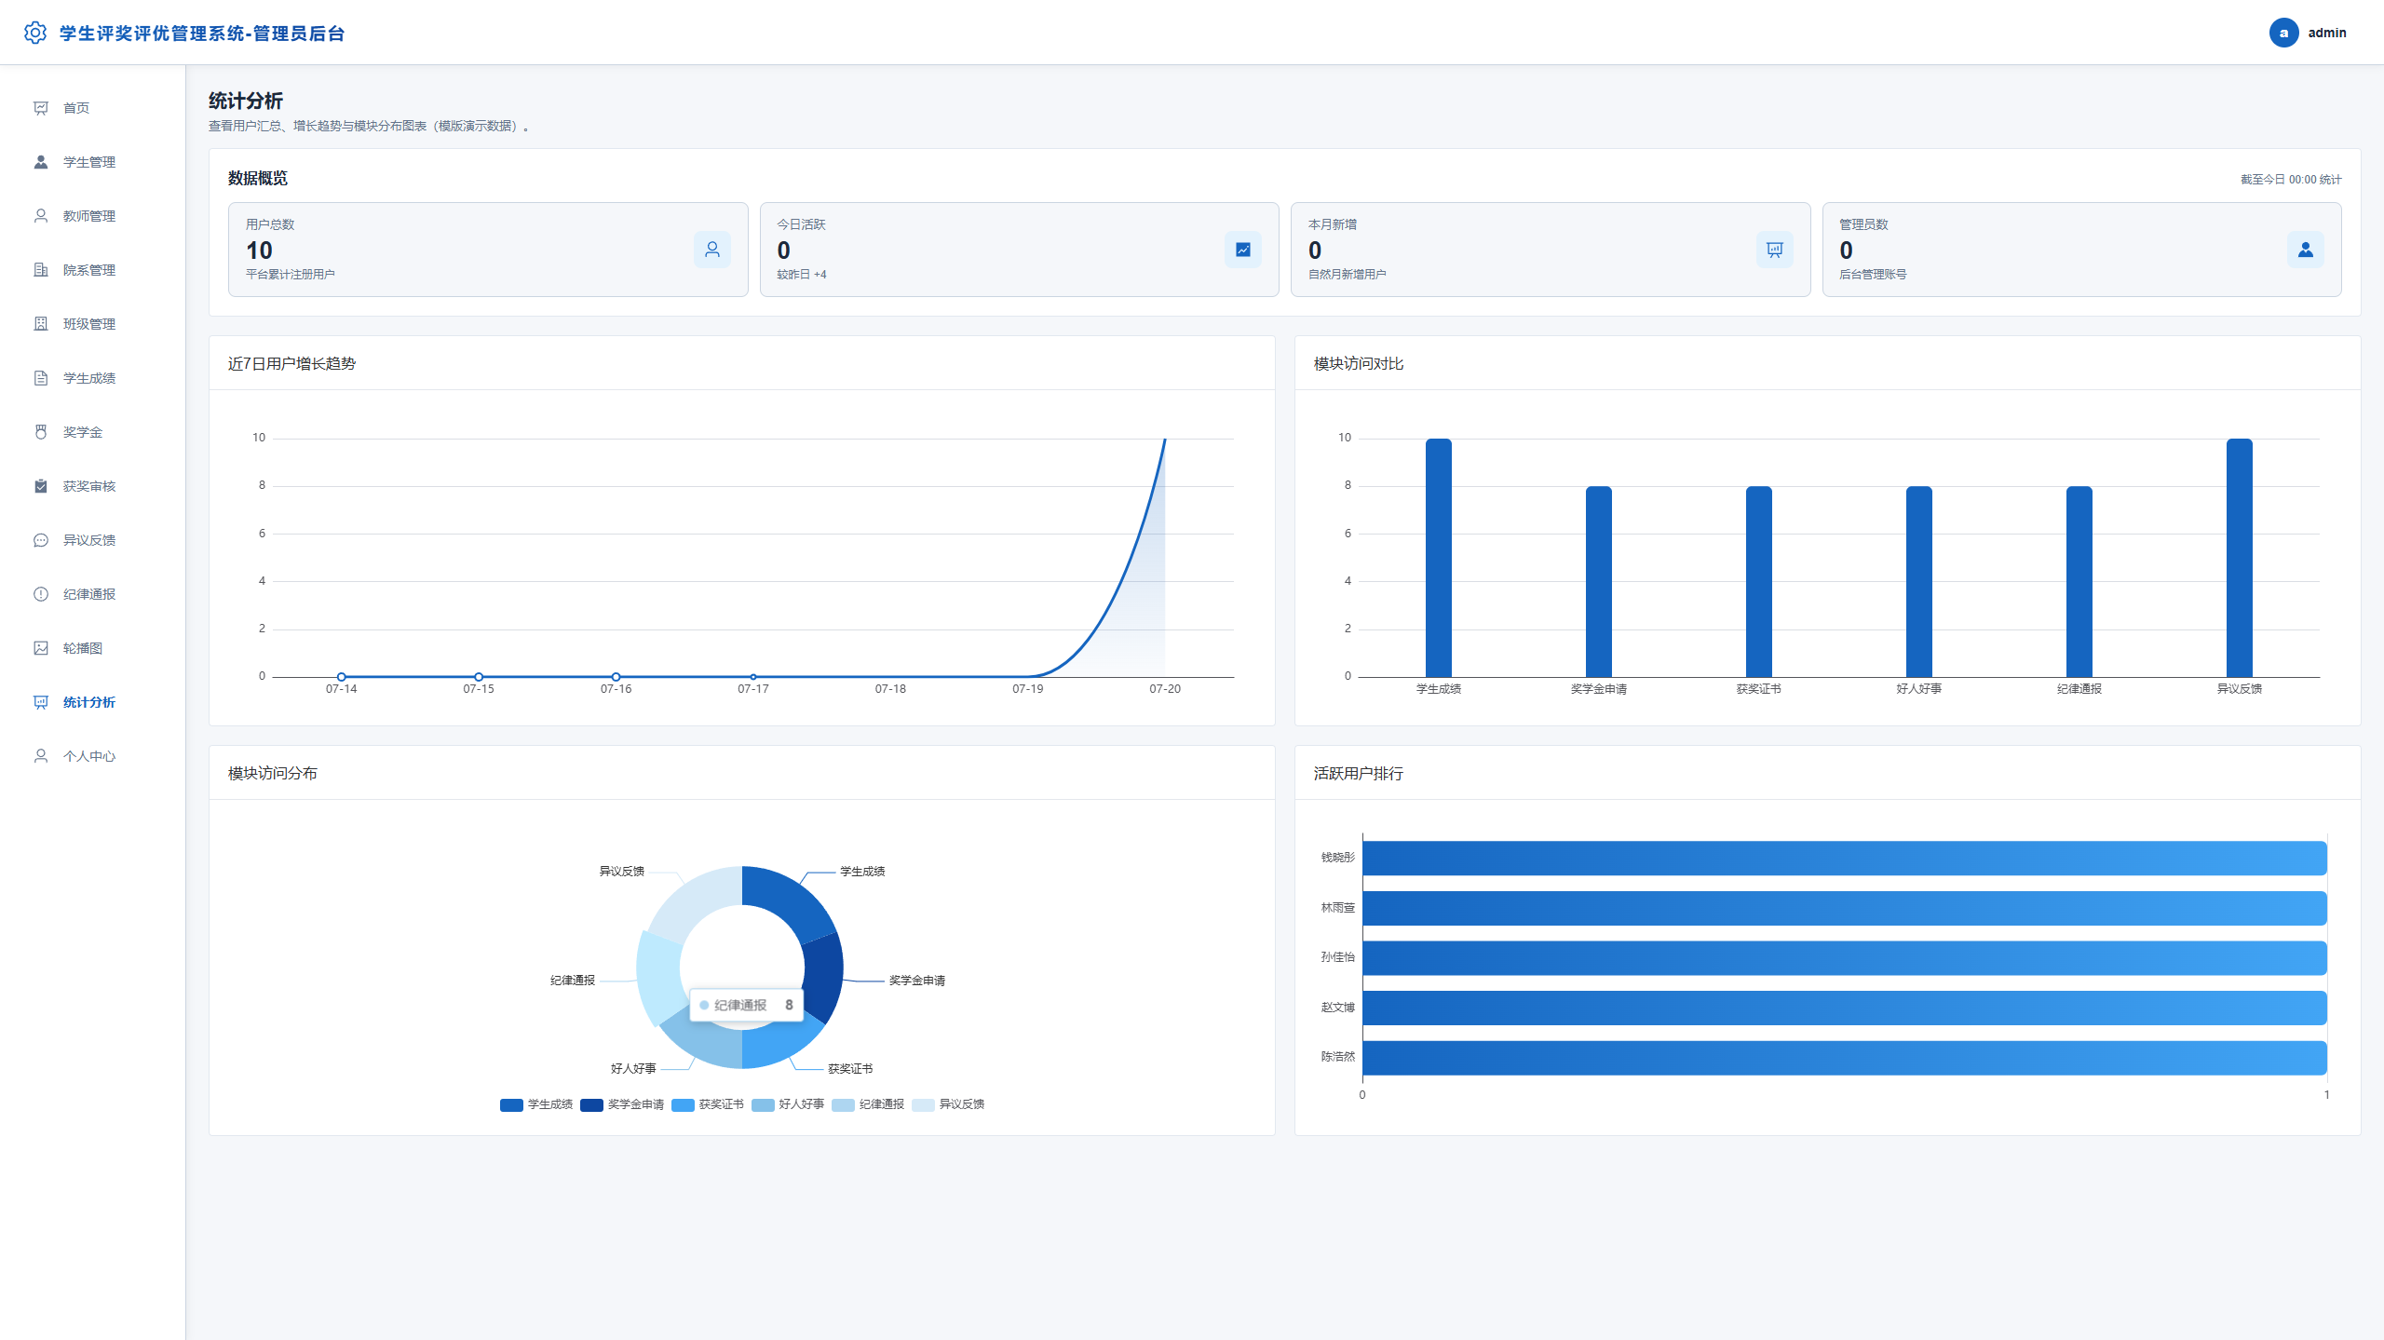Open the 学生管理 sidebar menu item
click(x=89, y=162)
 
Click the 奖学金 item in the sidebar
click(x=83, y=432)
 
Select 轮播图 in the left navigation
click(x=83, y=648)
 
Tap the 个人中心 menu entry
click(x=89, y=756)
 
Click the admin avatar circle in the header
click(x=2283, y=33)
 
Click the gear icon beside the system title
click(x=35, y=33)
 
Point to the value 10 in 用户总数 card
click(x=259, y=250)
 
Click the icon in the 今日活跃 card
click(x=1243, y=250)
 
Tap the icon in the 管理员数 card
click(x=2306, y=250)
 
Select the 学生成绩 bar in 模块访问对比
click(x=1439, y=558)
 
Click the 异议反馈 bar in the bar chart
click(x=2240, y=558)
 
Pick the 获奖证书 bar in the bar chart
click(x=1759, y=582)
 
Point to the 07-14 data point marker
click(x=342, y=677)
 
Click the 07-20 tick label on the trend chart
click(x=1165, y=689)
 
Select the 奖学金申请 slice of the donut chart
click(x=823, y=978)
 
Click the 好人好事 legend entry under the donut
click(x=788, y=1104)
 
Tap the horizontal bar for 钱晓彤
click(x=1845, y=858)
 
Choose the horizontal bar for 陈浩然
click(x=1845, y=1058)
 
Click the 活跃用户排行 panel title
click(x=1358, y=774)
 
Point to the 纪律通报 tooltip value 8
click(x=789, y=1005)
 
